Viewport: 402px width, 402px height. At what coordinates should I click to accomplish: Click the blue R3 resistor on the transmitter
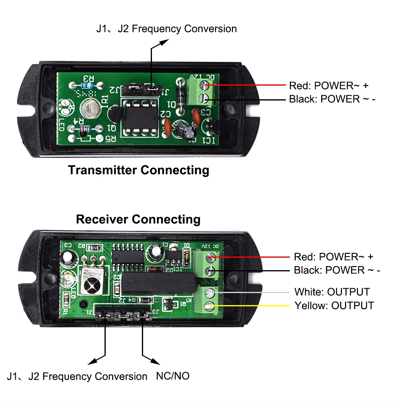point(86,85)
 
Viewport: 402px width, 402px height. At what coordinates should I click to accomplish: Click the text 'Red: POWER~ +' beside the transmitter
point(328,86)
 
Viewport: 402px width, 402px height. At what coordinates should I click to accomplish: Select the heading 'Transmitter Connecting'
point(139,170)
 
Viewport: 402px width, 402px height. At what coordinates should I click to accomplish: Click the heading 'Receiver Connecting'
point(138,219)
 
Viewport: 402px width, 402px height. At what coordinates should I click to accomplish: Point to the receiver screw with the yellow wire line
point(209,306)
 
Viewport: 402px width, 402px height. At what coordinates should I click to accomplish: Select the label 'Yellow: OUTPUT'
point(334,306)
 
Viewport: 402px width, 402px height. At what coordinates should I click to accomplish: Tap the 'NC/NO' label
point(172,376)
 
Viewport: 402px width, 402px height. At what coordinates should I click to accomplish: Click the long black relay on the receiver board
point(158,283)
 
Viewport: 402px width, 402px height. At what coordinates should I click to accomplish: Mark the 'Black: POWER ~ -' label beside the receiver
point(337,270)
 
